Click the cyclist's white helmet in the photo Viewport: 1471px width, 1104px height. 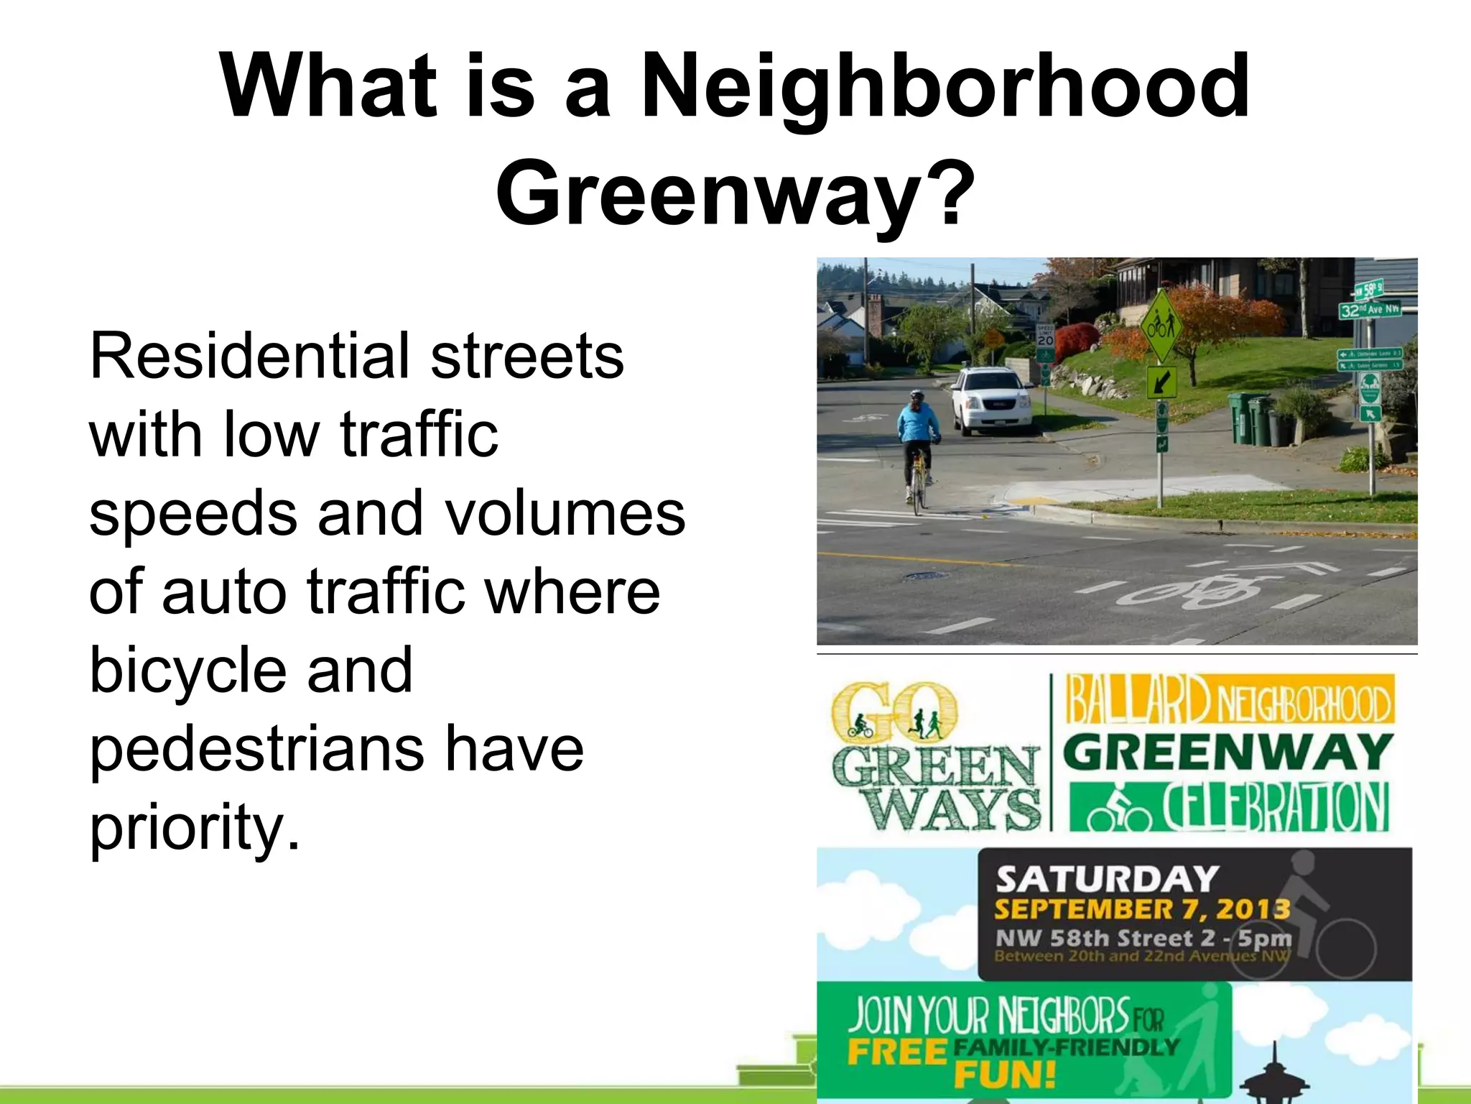917,396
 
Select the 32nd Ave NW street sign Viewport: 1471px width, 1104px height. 1369,309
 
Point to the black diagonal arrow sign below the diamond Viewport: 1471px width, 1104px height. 1161,382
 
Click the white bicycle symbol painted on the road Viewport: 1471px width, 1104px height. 1196,591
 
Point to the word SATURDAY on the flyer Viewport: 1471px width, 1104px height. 1107,879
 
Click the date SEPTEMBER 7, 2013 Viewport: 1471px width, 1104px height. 1141,909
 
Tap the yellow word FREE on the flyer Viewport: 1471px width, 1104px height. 896,1052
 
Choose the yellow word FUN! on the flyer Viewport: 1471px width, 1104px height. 1005,1076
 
